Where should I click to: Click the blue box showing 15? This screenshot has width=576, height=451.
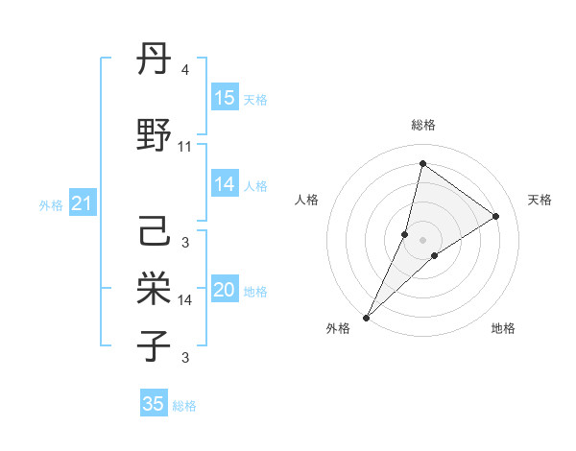[x=225, y=98]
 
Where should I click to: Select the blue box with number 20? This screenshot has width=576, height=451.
[x=225, y=291]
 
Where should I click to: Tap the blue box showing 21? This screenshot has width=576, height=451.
[x=83, y=203]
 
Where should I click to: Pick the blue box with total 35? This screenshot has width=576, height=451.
[x=154, y=404]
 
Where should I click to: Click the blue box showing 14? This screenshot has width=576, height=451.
[x=225, y=185]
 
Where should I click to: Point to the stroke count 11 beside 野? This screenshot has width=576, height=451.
[x=185, y=147]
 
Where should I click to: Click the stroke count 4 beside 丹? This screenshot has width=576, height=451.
[x=185, y=70]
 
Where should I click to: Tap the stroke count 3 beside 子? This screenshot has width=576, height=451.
[x=185, y=358]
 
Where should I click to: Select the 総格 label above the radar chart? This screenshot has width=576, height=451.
[x=423, y=125]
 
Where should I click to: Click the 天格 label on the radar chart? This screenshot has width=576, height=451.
[x=540, y=200]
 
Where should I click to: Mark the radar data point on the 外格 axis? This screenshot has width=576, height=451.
[x=366, y=317]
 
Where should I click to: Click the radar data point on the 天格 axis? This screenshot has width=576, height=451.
[x=496, y=216]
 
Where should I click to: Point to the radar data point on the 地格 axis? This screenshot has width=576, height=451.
[x=435, y=255]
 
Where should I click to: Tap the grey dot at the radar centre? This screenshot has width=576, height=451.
[x=423, y=239]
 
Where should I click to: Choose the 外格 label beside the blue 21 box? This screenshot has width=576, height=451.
[x=51, y=204]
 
